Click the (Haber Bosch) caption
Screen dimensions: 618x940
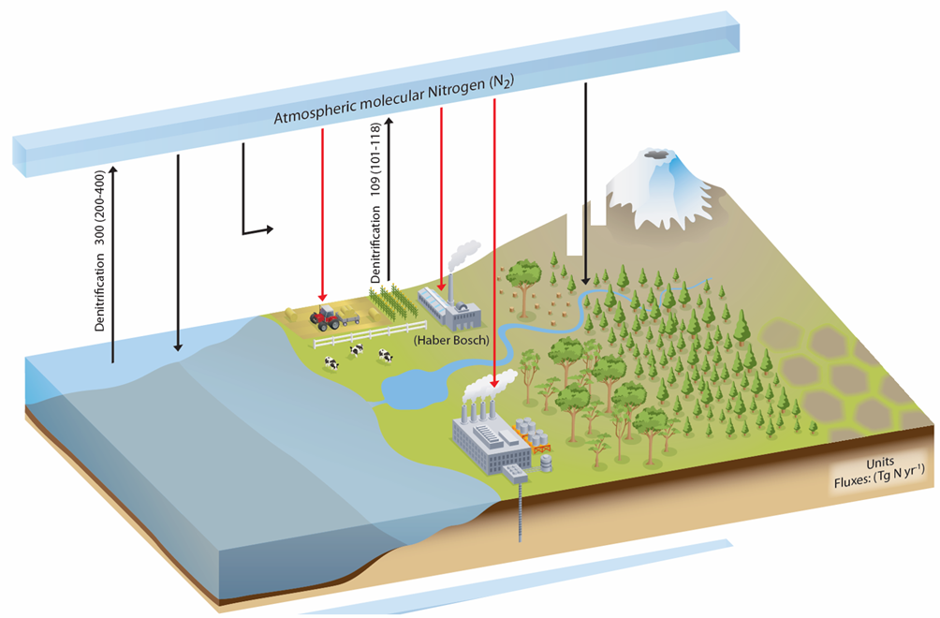pyautogui.click(x=451, y=340)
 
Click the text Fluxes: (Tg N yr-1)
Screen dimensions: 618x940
pyautogui.click(x=880, y=478)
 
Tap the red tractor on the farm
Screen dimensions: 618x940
pyautogui.click(x=325, y=317)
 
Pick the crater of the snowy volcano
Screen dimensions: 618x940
pyautogui.click(x=662, y=154)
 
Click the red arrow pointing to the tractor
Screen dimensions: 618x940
pyautogui.click(x=321, y=215)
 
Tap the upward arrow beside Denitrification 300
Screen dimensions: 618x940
pyautogui.click(x=113, y=262)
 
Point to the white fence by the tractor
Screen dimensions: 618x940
pyautogui.click(x=379, y=331)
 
